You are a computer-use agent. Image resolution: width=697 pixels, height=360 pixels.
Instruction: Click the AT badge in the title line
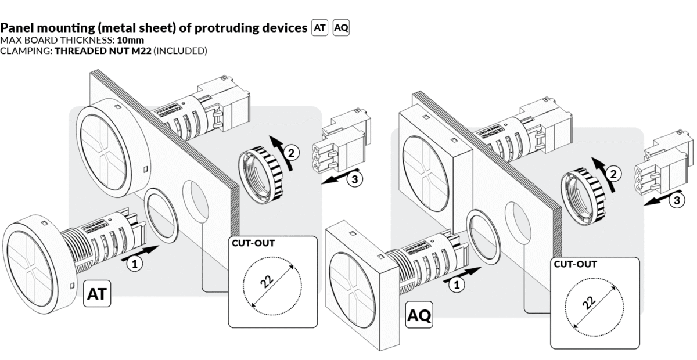[x=320, y=28]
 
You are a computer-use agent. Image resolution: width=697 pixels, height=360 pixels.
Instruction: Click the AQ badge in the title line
[x=342, y=28]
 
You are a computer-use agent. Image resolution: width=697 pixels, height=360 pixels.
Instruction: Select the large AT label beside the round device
[x=97, y=294]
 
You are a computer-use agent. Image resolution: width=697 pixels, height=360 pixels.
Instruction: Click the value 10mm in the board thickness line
[x=131, y=40]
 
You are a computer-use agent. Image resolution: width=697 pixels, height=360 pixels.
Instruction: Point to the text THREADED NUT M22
[x=103, y=51]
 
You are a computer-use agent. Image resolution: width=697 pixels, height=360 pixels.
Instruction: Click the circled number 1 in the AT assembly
[x=134, y=264]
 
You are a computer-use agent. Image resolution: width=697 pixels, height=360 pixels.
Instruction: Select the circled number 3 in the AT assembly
[x=354, y=179]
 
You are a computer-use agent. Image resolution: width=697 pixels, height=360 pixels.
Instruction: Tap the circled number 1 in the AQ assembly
[x=457, y=285]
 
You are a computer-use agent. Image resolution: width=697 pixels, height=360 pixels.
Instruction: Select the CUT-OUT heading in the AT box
[x=253, y=243]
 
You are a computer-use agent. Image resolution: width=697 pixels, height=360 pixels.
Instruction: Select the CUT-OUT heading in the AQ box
[x=575, y=264]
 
